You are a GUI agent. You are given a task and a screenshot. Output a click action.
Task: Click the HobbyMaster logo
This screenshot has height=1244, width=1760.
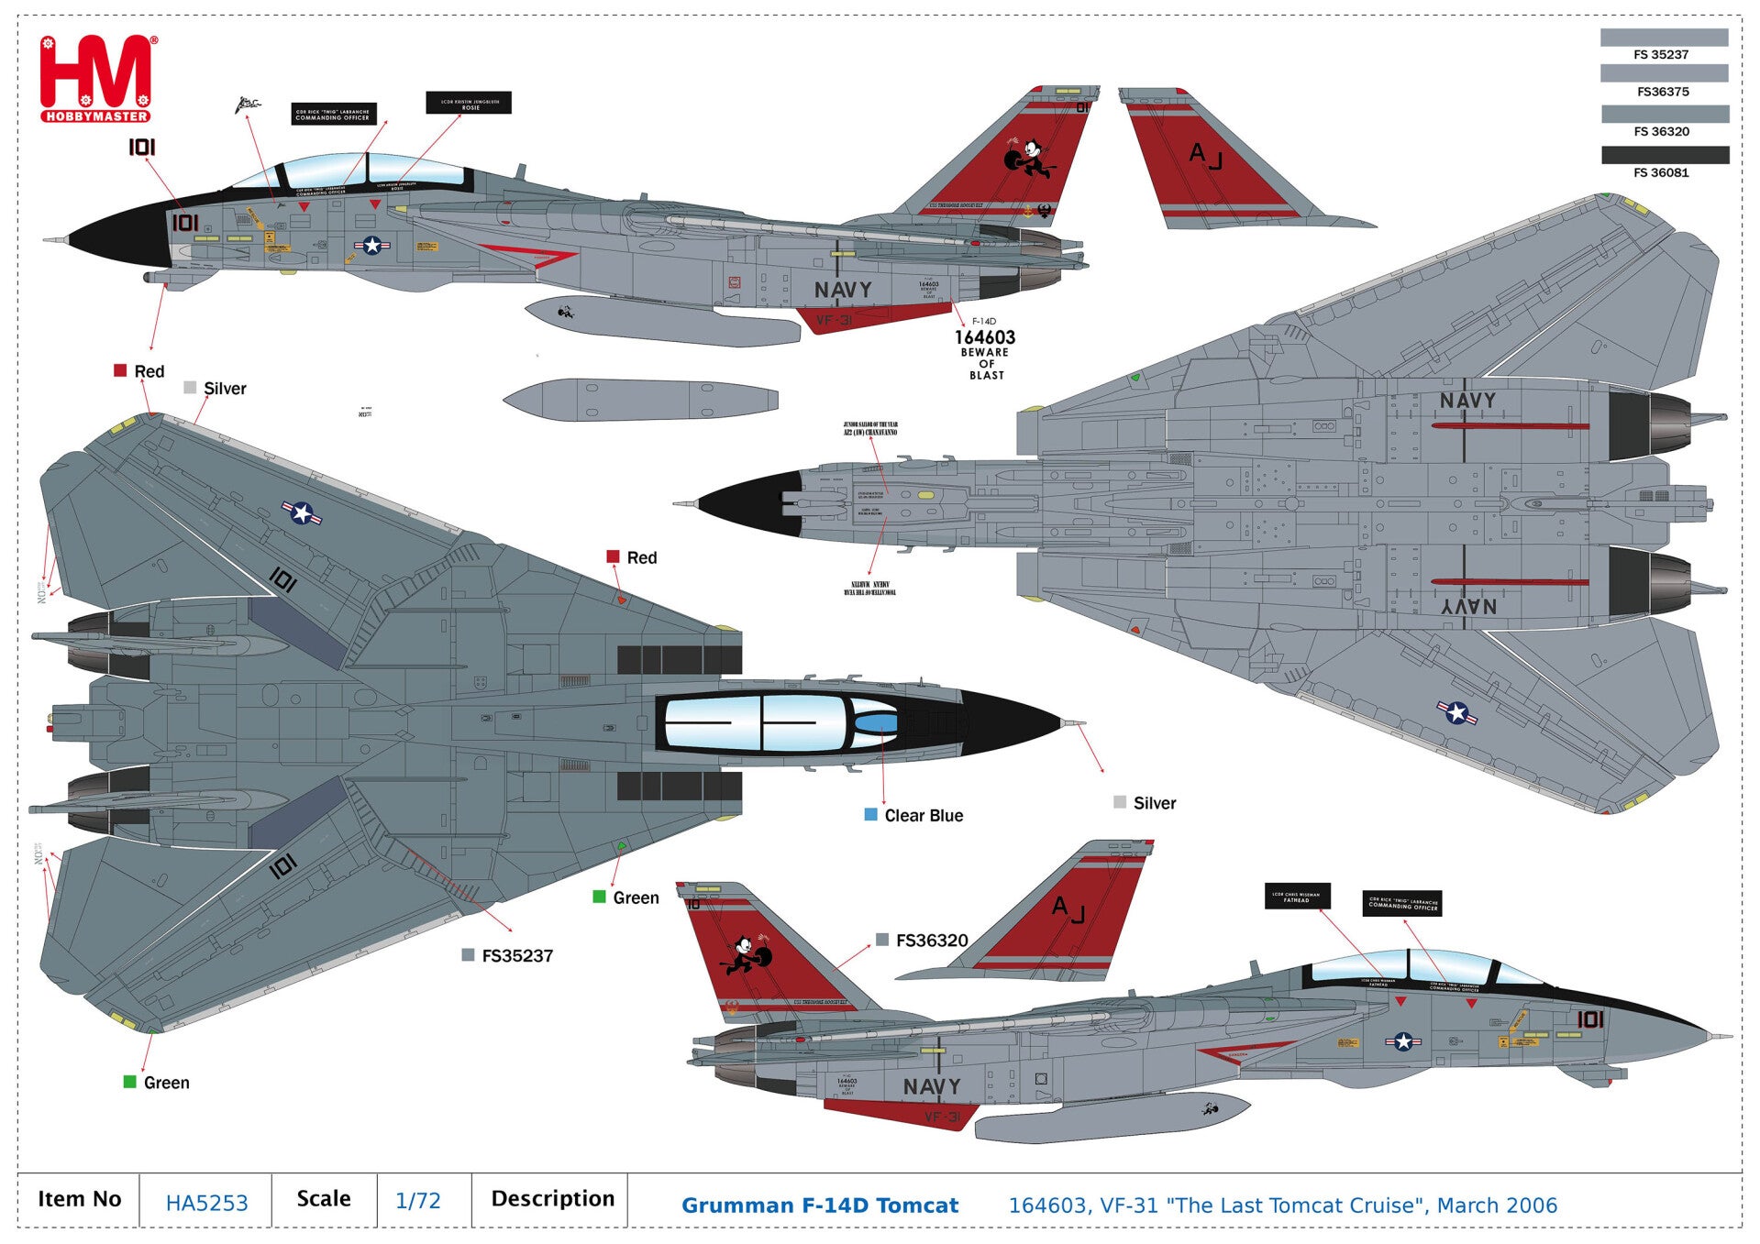tap(96, 79)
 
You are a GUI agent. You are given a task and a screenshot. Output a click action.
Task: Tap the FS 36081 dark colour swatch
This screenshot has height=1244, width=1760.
tap(1665, 155)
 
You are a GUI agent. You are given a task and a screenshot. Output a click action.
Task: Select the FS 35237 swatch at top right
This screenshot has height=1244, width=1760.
tap(1664, 38)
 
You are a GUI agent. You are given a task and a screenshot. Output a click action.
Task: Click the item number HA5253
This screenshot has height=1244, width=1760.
tap(206, 1203)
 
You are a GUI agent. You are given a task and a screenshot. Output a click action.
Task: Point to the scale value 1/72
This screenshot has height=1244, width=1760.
tap(417, 1201)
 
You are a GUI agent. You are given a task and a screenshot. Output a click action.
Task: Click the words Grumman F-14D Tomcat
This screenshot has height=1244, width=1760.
tap(819, 1205)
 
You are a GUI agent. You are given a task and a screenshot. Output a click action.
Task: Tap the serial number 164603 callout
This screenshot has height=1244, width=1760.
tap(985, 337)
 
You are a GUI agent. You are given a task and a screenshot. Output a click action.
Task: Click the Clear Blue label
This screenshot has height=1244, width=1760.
tap(923, 815)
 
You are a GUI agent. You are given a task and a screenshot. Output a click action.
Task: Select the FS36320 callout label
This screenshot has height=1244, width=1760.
tap(931, 941)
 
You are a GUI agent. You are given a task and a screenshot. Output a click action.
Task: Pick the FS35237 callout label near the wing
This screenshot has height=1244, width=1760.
tap(516, 956)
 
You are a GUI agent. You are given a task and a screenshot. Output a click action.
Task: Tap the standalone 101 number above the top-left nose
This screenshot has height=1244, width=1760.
tap(141, 147)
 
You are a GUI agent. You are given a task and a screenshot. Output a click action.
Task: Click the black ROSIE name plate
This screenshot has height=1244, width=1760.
tap(469, 103)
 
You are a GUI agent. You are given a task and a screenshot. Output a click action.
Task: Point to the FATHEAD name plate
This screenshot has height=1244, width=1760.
tap(1296, 896)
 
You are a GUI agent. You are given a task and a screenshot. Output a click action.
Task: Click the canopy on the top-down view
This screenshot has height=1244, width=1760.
tap(770, 722)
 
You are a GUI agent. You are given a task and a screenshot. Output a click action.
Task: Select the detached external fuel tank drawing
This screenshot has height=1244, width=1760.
tap(640, 400)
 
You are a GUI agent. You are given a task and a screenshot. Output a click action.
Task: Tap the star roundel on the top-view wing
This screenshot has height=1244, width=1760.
tap(302, 512)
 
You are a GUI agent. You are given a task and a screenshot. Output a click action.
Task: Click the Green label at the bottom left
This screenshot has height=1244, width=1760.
tap(165, 1083)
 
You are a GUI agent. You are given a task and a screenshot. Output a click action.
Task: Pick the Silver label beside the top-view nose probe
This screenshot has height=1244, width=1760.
tap(1154, 803)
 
